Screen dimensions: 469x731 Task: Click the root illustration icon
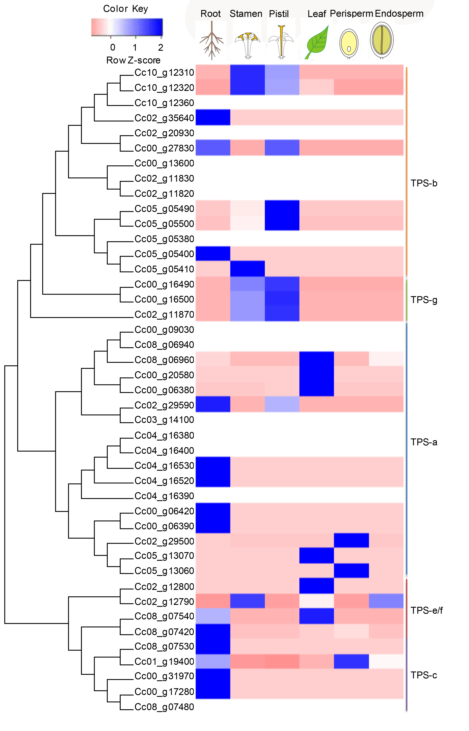tap(211, 41)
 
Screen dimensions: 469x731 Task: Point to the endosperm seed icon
tap(382, 40)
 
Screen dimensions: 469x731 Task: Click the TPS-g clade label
tap(424, 300)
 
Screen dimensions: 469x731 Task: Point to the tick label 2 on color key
tap(161, 47)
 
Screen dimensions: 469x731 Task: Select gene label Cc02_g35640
tap(164, 118)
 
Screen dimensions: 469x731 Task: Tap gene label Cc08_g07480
tap(164, 707)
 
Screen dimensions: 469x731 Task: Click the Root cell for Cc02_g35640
tap(213, 117)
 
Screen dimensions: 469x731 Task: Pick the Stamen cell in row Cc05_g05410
tap(247, 269)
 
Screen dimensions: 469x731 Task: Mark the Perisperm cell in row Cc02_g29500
tap(351, 540)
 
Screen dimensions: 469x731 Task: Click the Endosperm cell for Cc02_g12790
tap(386, 601)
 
